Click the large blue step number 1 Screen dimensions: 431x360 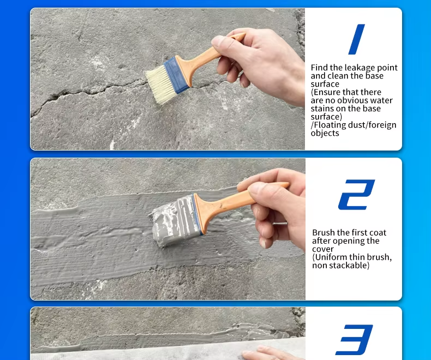click(x=356, y=39)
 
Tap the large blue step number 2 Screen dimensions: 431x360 click(x=356, y=195)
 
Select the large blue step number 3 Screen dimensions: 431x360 click(x=354, y=340)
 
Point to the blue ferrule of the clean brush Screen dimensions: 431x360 click(x=176, y=74)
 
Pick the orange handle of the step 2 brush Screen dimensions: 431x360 click(x=234, y=202)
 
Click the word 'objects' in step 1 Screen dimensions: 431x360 click(x=325, y=133)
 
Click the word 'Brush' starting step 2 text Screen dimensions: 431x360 click(x=324, y=232)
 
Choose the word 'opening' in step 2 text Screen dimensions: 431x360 click(x=349, y=241)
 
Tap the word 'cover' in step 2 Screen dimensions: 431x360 click(x=322, y=249)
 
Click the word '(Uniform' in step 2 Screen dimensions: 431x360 click(x=330, y=257)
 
